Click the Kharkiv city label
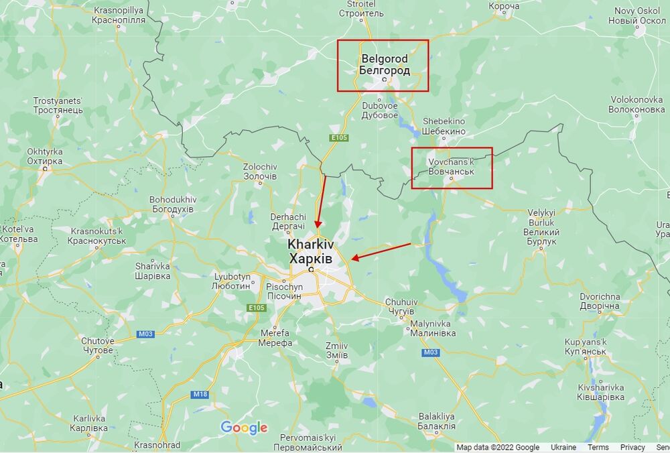coord(311,251)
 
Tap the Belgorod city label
coord(384,64)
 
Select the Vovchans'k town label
coord(451,168)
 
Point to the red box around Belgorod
coord(383,42)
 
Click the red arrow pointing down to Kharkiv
coord(322,200)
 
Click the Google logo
coord(244,428)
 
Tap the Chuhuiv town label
coord(401,307)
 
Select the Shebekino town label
coord(444,127)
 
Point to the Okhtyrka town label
coord(45,157)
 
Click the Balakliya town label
coord(436,421)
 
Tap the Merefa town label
coord(275,338)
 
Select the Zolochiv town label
coord(260,171)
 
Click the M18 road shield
coord(200,395)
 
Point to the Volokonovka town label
coord(637,105)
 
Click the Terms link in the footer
coord(598,448)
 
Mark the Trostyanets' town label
coord(58,105)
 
